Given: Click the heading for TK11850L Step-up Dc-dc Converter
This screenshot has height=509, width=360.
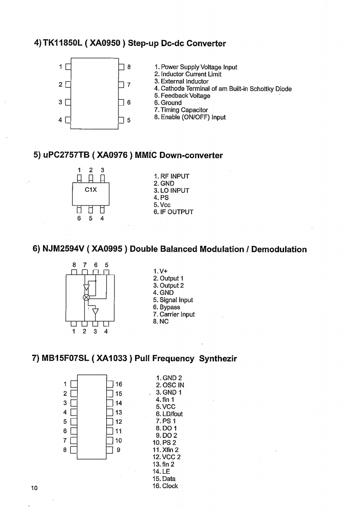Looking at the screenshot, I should point(130,44).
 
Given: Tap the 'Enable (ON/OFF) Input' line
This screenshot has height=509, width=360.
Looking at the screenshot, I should point(190,117).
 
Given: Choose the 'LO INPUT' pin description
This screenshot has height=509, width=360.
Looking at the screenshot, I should point(172,191).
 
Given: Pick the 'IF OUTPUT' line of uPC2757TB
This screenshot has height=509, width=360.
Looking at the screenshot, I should point(173,212).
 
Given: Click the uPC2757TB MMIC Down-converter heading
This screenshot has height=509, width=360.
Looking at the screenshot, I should point(128,155).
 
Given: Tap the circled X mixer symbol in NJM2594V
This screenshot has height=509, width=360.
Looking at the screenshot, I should point(85,297).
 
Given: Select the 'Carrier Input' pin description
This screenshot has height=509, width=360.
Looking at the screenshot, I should point(174,314).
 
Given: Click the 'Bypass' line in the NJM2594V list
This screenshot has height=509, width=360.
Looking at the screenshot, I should point(167,307).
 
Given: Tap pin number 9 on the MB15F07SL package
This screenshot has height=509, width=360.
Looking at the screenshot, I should point(118,450).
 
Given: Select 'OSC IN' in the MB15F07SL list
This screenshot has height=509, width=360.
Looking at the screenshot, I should point(170,385).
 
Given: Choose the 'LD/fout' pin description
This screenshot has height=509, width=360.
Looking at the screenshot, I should point(169,414).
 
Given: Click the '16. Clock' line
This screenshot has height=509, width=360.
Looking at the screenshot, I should point(165,486).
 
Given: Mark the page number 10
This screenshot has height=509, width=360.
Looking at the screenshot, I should point(34,488).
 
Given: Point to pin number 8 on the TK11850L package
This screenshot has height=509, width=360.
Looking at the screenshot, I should point(129,67).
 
